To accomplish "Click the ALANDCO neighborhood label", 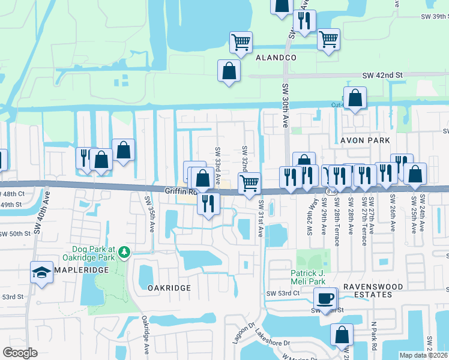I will click(276, 58).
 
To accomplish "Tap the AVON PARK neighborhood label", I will click(366, 140).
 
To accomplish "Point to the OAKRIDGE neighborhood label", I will click(169, 288).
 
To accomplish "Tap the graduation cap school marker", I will click(41, 274).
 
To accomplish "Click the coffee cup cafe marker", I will click(326, 298).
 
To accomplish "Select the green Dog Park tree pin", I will click(124, 252).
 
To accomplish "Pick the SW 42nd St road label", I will click(382, 75).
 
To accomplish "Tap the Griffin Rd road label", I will click(181, 191).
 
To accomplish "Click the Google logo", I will click(20, 353).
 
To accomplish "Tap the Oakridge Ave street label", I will click(145, 336).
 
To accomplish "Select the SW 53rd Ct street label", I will click(283, 293).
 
